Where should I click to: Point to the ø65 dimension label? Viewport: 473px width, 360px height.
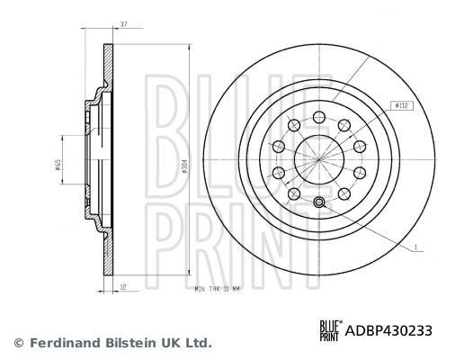point(57,166)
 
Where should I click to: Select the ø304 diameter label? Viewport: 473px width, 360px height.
point(183,166)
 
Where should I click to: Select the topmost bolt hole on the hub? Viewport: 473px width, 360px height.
point(319,116)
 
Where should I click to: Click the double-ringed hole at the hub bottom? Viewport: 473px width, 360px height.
point(319,200)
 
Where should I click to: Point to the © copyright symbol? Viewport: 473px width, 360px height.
point(19,343)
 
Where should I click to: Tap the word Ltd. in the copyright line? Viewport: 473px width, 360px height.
point(198,343)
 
